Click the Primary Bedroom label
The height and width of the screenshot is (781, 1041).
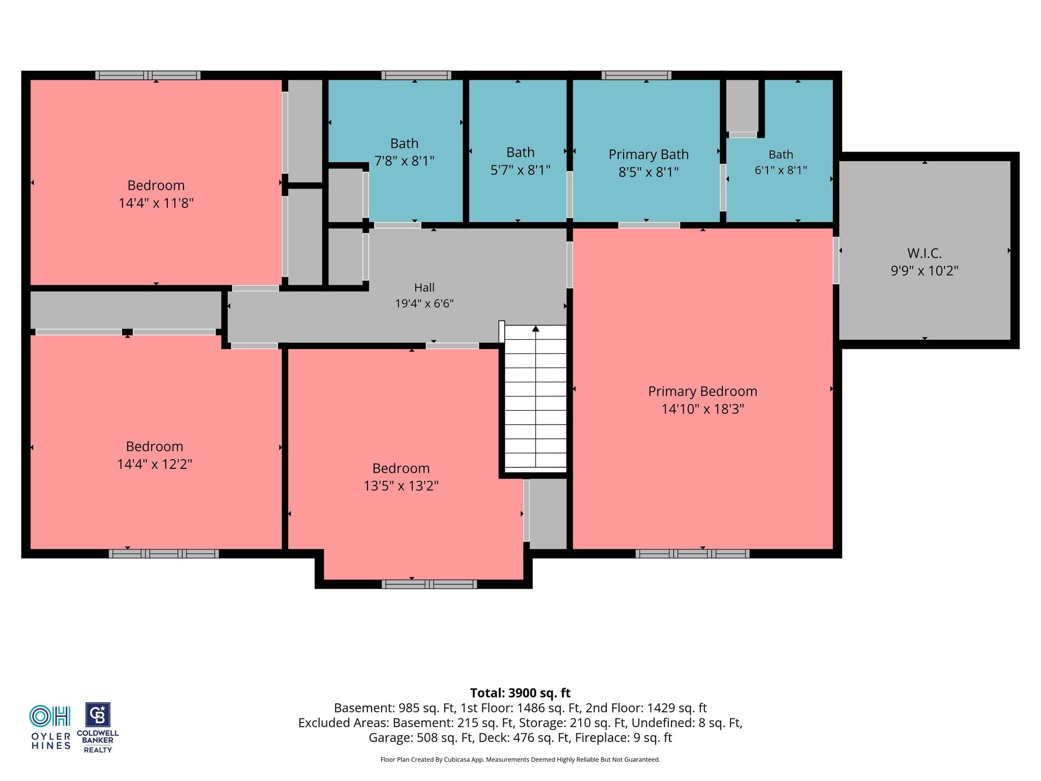pos(702,391)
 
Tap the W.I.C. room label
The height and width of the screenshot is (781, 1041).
pos(925,253)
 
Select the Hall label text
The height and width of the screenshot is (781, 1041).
pos(424,287)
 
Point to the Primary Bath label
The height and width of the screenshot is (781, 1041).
pos(649,154)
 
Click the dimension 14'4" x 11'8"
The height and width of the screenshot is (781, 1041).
pos(156,203)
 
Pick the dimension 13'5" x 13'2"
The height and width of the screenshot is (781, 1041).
pos(401,486)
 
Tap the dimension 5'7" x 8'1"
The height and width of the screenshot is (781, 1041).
pos(520,170)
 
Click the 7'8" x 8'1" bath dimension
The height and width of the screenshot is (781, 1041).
pos(405,161)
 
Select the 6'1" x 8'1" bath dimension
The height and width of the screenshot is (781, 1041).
pos(781,170)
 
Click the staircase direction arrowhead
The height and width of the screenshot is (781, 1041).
pos(536,328)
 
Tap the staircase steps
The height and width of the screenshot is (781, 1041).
pos(536,397)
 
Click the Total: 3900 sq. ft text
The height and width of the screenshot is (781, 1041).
pos(520,693)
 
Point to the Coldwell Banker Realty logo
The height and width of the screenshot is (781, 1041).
pos(98,728)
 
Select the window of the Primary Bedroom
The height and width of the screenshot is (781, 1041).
pos(692,554)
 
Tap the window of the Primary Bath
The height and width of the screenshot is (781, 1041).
pos(636,75)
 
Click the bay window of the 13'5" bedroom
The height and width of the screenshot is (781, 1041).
pos(430,584)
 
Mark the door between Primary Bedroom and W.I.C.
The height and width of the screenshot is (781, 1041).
pos(836,260)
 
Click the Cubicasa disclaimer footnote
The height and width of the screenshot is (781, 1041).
pos(520,760)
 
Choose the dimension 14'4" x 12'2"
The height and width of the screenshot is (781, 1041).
pos(155,464)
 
